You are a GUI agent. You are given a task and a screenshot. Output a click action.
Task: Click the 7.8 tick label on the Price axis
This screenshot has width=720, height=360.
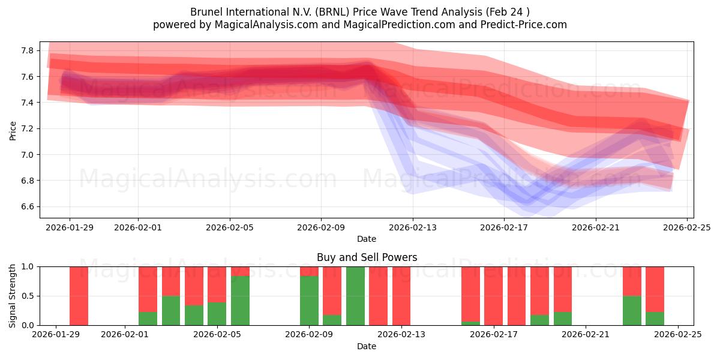[27, 50]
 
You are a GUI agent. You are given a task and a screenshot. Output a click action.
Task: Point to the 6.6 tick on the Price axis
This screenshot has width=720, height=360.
[27, 206]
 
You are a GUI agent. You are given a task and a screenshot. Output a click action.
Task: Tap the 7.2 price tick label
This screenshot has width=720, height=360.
[27, 128]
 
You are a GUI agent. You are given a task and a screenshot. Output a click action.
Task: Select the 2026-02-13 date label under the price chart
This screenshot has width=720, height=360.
[413, 227]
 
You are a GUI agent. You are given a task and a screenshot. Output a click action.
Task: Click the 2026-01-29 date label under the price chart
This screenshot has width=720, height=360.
[69, 227]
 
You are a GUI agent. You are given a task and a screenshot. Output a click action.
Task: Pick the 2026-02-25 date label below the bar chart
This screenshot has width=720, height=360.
[678, 334]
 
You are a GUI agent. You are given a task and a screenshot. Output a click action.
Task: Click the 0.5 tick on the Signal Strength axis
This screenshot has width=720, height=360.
[27, 296]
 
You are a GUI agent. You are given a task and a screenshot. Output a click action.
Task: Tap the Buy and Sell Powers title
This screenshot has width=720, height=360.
[367, 257]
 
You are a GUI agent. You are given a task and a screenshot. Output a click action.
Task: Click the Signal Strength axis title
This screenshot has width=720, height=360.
[13, 296]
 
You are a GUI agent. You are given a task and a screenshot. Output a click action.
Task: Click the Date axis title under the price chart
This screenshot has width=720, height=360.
[367, 239]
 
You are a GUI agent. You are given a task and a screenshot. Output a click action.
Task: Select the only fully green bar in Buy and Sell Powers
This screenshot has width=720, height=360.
[355, 296]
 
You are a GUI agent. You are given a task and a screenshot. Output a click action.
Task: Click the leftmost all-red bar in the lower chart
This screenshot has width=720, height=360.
[79, 296]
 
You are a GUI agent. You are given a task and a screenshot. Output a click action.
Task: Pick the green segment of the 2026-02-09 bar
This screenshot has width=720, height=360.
[309, 301]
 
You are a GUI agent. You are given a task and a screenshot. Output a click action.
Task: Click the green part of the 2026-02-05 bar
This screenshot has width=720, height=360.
[217, 314]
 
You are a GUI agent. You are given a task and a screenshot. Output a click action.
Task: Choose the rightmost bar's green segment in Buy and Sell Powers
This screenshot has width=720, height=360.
[655, 319]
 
